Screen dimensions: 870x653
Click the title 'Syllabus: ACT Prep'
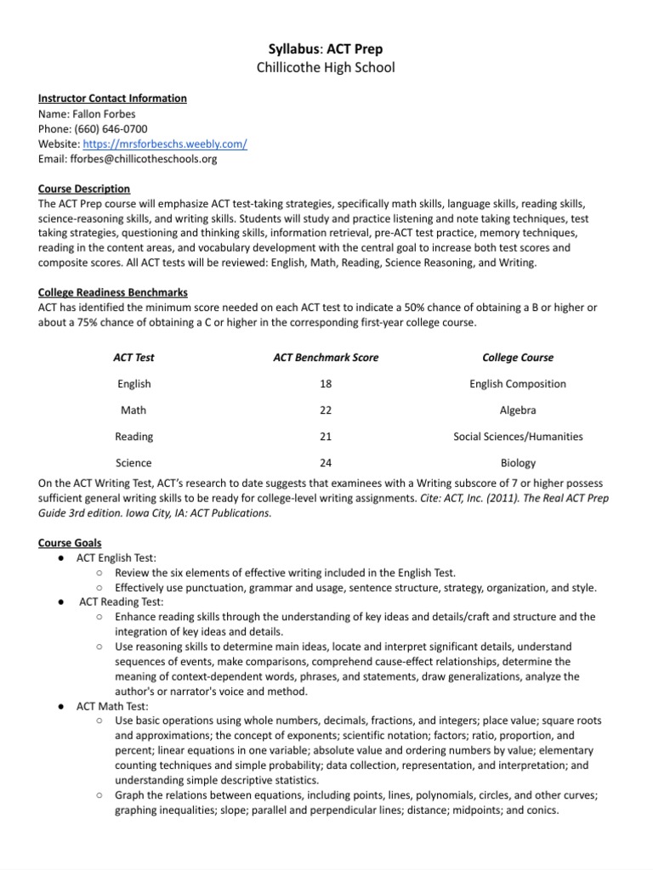click(326, 49)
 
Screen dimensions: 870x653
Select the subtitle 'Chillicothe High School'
click(326, 67)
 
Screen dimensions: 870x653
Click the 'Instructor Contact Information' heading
click(112, 98)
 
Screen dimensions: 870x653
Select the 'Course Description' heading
click(84, 189)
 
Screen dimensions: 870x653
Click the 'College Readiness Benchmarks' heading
click(113, 292)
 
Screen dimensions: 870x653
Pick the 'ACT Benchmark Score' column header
click(326, 358)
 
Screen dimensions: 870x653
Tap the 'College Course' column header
click(517, 358)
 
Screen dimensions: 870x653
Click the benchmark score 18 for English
click(326, 384)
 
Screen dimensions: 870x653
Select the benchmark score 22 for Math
click(326, 410)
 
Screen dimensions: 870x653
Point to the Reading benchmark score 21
click(326, 437)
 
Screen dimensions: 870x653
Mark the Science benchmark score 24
click(326, 463)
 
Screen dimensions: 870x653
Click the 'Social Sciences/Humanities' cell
click(517, 437)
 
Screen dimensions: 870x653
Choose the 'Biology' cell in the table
click(517, 463)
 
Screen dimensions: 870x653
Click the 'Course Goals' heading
click(70, 542)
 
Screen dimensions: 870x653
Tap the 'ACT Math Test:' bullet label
click(112, 706)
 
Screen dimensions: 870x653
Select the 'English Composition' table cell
click(517, 384)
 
